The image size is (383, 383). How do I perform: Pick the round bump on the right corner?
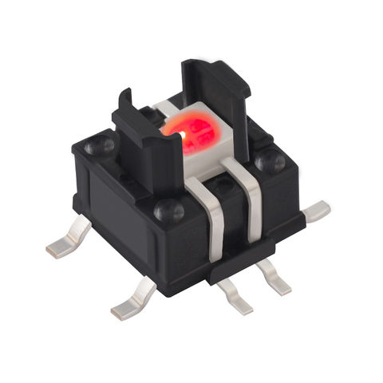pyautogui.click(x=269, y=161)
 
